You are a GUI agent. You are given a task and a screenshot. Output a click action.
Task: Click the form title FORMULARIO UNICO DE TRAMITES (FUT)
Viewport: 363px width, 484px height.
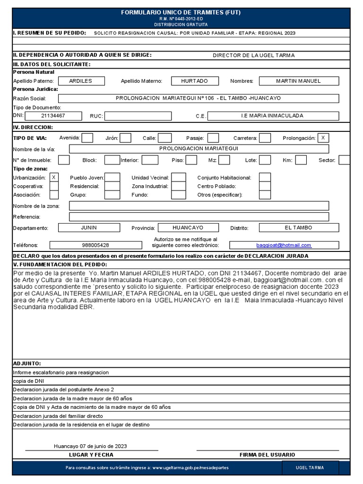[181, 12]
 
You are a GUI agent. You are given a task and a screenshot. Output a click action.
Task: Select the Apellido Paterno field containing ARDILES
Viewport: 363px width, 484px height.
[80, 81]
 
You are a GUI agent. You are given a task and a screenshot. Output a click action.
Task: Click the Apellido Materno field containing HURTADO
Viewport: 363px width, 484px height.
[194, 81]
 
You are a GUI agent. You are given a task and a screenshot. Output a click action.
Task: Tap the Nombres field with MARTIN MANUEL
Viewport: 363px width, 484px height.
[298, 81]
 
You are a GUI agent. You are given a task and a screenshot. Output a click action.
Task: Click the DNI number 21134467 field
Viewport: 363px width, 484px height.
[53, 116]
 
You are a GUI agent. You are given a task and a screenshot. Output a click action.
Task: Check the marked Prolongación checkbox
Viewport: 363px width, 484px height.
[323, 138]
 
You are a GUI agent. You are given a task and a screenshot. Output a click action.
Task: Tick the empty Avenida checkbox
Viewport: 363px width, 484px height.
[87, 138]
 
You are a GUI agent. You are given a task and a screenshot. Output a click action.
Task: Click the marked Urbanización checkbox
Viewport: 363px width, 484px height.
[54, 177]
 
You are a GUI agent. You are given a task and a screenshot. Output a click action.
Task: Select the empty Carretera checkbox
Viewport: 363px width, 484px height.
[265, 138]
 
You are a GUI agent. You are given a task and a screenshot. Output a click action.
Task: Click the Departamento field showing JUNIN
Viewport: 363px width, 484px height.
[89, 228]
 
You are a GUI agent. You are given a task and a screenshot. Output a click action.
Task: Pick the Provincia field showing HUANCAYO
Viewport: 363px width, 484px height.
[188, 228]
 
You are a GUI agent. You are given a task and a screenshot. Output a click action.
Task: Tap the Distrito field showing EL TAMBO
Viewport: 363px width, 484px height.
[298, 228]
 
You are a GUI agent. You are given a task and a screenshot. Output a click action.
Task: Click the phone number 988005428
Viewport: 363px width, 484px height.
[95, 245]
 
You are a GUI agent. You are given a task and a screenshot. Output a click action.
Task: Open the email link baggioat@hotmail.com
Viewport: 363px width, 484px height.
[284, 245]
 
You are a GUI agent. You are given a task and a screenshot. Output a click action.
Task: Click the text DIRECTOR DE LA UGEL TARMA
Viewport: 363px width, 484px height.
[253, 55]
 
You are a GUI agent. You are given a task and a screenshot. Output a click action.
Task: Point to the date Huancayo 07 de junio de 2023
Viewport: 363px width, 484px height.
[90, 446]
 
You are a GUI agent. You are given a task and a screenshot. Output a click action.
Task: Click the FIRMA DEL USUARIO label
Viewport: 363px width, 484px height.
[268, 455]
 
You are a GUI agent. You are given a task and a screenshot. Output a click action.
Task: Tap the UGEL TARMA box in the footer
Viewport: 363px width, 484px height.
[310, 467]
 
